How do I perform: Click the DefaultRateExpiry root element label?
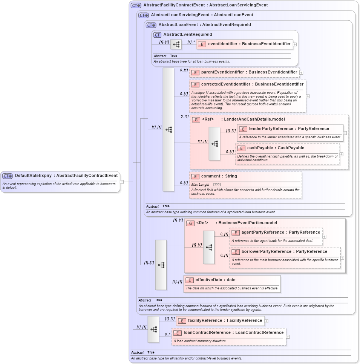tap(66, 176)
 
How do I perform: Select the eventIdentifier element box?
tap(245, 44)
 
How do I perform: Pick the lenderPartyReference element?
tap(290, 129)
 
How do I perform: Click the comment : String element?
tap(219, 176)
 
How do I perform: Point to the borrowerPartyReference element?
tap(285, 252)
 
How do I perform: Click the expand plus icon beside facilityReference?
tap(267, 321)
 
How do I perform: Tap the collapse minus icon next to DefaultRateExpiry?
tap(122, 182)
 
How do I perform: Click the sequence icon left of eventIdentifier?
tap(176, 44)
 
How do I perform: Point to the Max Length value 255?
tap(217, 184)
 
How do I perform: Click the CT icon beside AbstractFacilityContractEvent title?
tap(136, 6)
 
